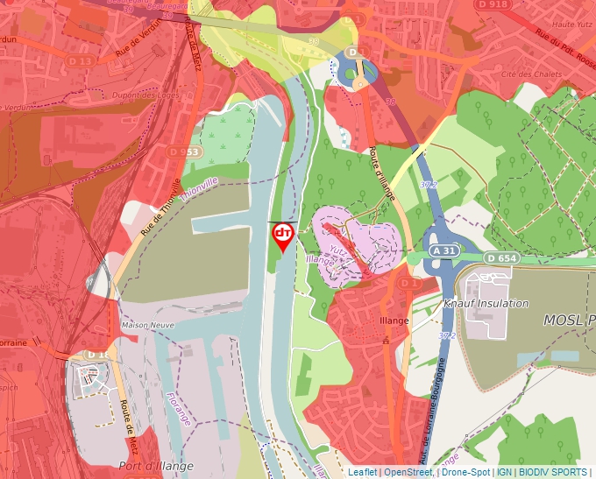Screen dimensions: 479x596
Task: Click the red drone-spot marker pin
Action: coord(283,236)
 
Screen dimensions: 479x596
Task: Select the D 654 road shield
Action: coord(502,257)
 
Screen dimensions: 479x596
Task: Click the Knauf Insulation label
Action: coord(486,304)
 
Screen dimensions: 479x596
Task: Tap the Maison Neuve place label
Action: coord(148,325)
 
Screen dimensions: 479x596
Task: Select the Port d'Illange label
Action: coord(156,466)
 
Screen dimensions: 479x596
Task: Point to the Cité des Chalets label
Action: coord(532,74)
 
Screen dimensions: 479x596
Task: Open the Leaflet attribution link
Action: coord(362,472)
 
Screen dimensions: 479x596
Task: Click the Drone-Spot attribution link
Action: coord(465,472)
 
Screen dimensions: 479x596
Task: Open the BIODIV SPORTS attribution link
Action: coord(552,472)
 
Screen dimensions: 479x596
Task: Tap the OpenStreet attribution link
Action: coord(408,472)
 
